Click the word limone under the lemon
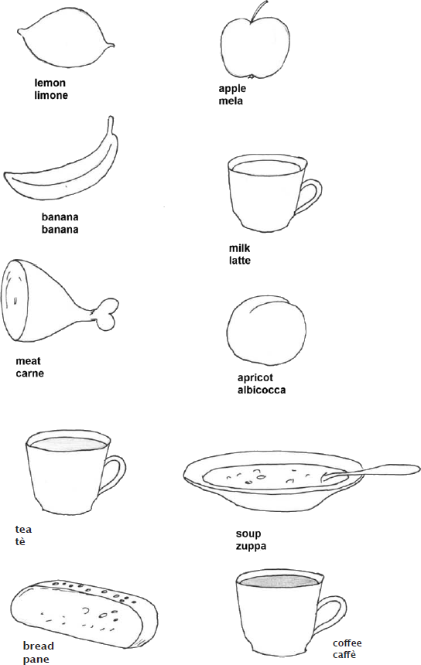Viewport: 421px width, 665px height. [51, 95]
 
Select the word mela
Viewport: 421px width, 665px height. [231, 101]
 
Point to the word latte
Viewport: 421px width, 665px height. [240, 261]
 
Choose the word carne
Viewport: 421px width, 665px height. [29, 373]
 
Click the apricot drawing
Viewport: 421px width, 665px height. [266, 330]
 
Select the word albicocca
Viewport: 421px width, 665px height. [262, 390]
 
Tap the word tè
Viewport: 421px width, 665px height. [20, 541]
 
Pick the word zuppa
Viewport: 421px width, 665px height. [252, 546]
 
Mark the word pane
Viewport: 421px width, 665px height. [36, 660]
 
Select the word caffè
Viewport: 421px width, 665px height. [344, 655]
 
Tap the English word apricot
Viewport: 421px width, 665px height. [255, 378]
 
